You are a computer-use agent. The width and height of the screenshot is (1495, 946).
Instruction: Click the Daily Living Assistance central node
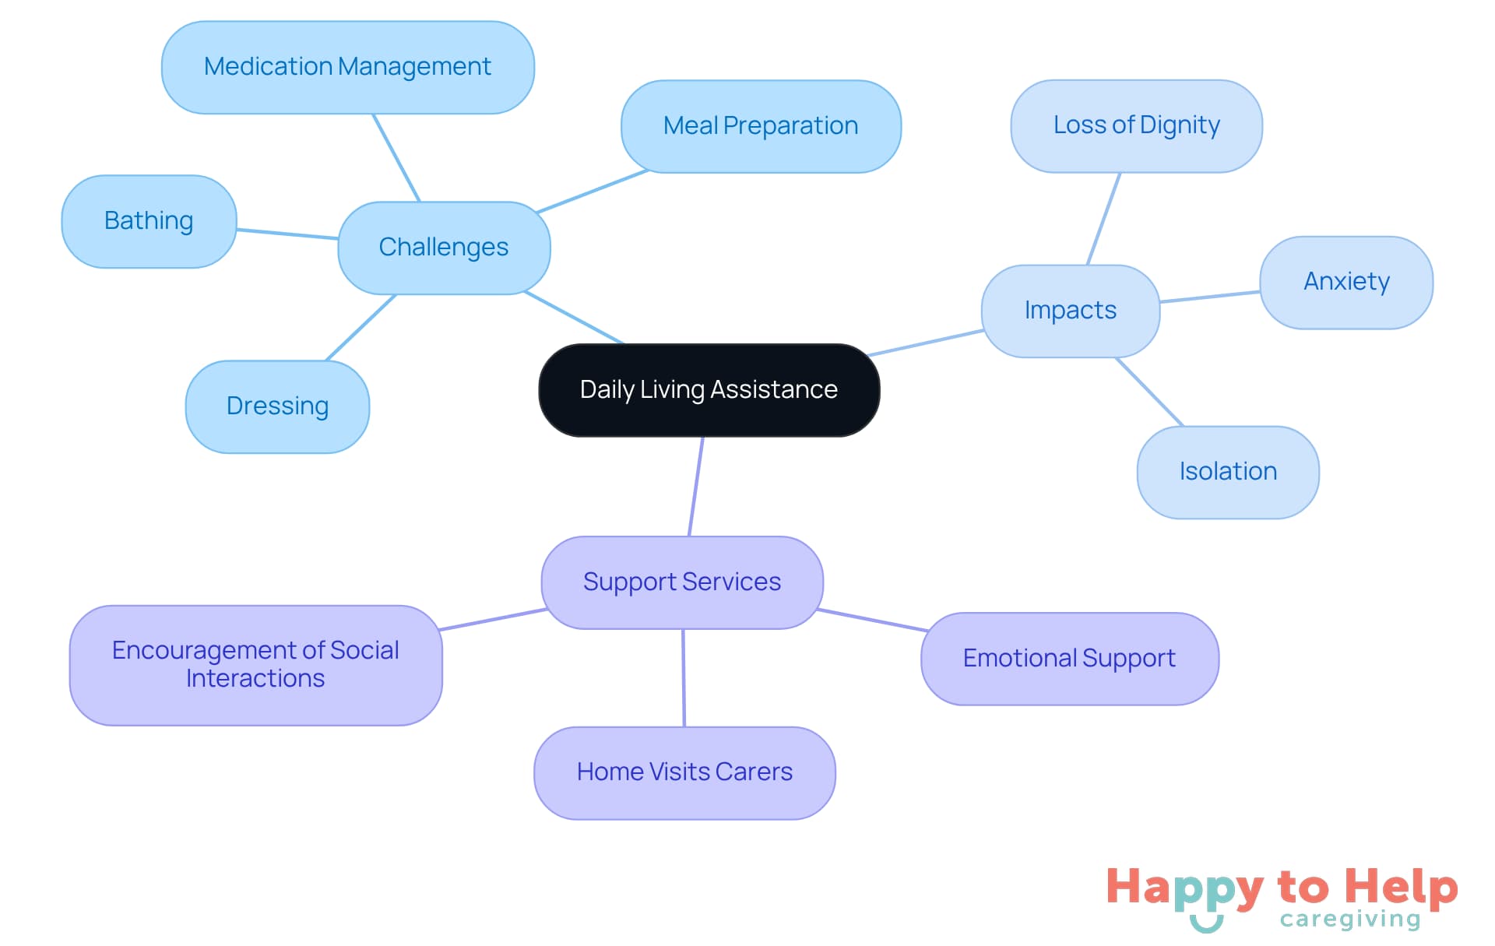709,389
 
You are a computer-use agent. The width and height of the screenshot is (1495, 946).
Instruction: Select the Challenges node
444,248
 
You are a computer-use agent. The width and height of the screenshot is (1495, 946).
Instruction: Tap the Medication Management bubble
347,67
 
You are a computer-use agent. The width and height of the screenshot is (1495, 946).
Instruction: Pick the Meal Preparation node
761,126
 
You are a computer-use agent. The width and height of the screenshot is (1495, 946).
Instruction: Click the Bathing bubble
149,221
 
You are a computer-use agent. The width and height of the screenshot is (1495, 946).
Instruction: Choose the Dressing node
277,406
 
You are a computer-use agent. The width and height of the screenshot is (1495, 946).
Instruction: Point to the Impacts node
1071,311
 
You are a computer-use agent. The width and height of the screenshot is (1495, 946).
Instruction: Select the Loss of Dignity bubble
1136,125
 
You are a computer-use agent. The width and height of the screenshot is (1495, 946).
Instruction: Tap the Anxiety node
1346,282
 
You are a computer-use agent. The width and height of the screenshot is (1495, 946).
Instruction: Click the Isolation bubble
1228,472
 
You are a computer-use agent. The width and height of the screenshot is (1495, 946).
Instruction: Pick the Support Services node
682,582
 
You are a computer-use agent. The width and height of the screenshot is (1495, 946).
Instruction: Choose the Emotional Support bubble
1069,659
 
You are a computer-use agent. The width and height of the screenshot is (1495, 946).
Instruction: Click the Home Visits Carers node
684,772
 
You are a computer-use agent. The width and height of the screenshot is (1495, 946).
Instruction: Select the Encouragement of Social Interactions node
255,665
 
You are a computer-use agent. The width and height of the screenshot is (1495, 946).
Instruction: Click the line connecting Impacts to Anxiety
1209,297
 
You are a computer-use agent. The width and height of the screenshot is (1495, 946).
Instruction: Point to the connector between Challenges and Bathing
287,234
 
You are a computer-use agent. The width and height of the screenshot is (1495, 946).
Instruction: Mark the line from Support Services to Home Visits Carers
684,677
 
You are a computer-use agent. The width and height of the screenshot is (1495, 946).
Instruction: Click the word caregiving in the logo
1350,920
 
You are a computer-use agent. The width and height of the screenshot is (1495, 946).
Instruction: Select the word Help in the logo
1401,887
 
